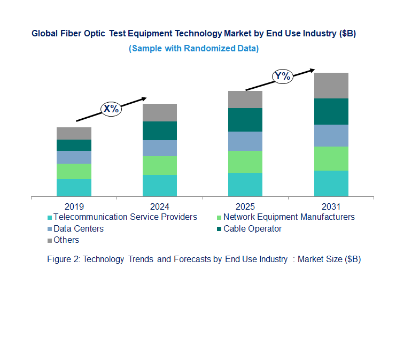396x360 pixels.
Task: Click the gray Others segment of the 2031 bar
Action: point(331,86)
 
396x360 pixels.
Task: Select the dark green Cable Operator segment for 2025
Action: point(245,120)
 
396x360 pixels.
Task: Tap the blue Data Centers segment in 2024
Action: point(159,148)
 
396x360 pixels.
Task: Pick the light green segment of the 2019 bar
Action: point(74,171)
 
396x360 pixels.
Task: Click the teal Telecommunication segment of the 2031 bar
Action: point(331,183)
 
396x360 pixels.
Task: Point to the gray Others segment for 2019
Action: point(74,133)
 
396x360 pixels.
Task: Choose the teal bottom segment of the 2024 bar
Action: point(159,186)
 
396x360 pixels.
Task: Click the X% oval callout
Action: point(111,109)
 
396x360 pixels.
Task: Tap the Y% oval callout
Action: point(282,76)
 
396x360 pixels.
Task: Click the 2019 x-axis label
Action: point(74,206)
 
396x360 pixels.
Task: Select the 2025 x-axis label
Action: point(245,206)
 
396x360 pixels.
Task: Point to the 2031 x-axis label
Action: point(331,206)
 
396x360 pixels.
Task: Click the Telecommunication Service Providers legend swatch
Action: point(50,218)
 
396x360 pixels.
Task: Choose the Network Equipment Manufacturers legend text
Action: point(289,217)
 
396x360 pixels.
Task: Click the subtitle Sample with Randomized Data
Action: point(193,49)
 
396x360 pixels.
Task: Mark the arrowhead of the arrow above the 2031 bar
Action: point(312,70)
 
